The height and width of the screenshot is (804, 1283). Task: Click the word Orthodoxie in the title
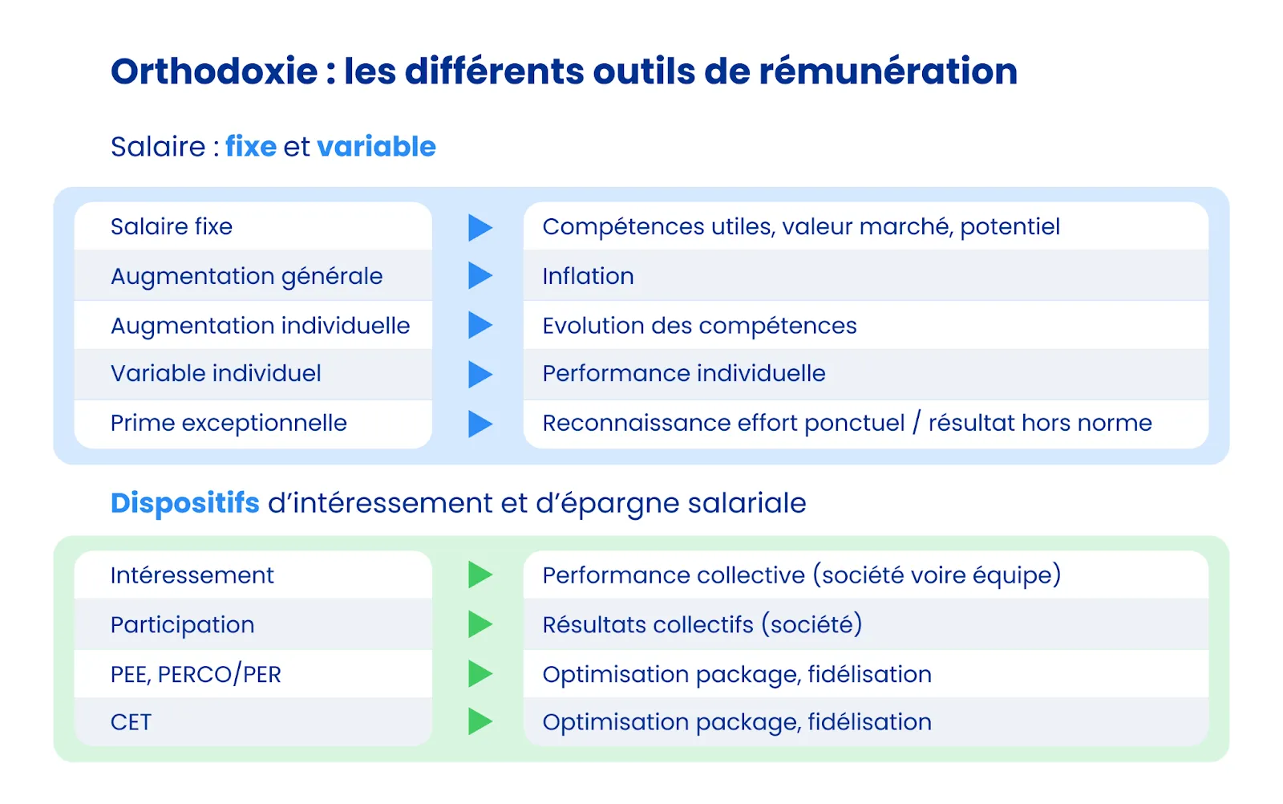point(214,71)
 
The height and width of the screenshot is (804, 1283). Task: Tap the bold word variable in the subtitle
point(376,147)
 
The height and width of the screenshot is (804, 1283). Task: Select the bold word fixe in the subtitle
point(250,147)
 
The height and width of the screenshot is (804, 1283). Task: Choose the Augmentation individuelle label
point(260,326)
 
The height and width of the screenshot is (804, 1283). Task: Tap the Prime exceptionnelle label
point(229,423)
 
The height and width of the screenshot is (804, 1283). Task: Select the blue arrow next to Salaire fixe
point(480,227)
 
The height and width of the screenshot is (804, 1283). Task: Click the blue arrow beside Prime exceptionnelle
point(480,424)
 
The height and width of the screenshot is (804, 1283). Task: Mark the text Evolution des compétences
point(699,326)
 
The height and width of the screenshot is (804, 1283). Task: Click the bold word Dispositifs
point(184,503)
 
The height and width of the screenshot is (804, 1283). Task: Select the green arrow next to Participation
point(480,624)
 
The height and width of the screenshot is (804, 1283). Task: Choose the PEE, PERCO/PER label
point(196,675)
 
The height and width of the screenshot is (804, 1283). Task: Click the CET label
point(131,722)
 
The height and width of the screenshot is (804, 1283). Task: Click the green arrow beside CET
point(480,721)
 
